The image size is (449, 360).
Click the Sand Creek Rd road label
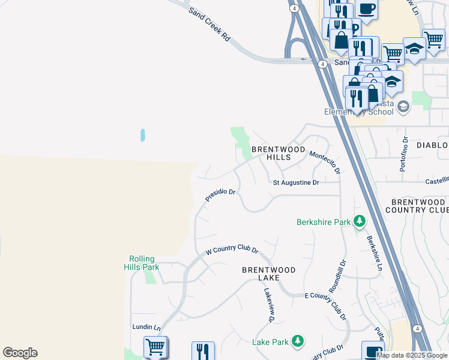(209, 25)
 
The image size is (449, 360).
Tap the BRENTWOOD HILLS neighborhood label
(279, 153)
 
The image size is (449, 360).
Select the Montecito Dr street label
(325, 163)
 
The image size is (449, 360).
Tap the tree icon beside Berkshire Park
(360, 222)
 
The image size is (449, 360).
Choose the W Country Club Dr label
(232, 250)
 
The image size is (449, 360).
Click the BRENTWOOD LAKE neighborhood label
(268, 274)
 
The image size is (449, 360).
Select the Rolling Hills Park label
(143, 263)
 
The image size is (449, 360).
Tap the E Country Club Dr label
(325, 305)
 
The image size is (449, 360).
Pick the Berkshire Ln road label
(374, 253)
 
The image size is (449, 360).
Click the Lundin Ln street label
(147, 328)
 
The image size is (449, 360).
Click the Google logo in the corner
(20, 353)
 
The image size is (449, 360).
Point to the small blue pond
(143, 135)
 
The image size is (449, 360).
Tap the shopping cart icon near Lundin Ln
(155, 347)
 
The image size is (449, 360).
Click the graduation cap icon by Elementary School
(403, 107)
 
